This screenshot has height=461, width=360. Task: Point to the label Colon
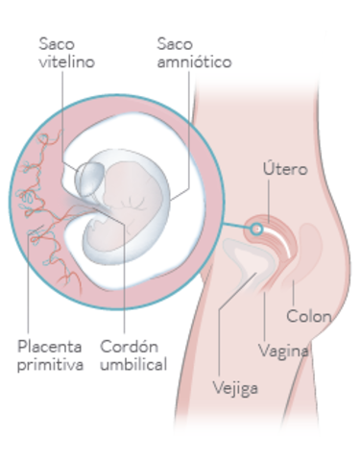309,317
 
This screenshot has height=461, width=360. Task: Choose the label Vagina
284,351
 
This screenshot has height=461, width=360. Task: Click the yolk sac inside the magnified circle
91,179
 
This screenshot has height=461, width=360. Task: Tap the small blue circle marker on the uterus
256,229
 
